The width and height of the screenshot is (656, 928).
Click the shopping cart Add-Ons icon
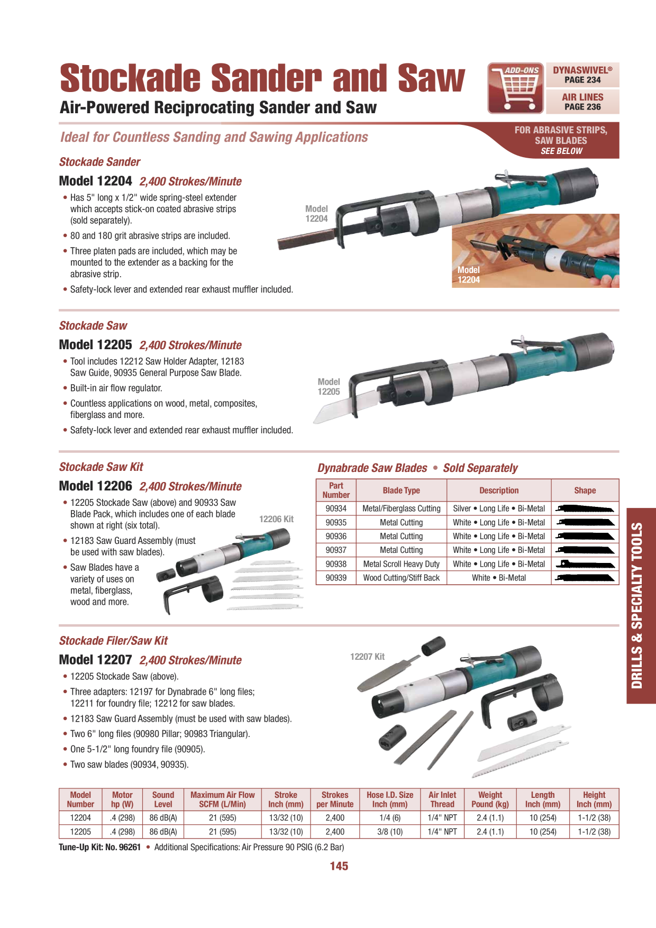click(x=516, y=88)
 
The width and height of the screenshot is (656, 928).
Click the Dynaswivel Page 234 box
click(x=582, y=75)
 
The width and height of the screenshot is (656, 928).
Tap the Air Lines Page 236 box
click(x=582, y=102)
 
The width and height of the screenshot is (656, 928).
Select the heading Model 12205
click(x=96, y=345)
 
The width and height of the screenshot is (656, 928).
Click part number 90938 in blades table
click(x=336, y=564)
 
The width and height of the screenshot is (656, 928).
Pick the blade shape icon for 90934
click(x=585, y=509)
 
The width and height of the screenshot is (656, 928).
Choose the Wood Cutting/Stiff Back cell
click(x=401, y=578)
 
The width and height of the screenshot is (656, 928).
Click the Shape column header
click(x=585, y=490)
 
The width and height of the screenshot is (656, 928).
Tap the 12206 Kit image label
click(x=276, y=519)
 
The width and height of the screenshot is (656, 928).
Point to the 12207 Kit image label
click(x=367, y=657)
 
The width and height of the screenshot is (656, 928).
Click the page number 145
click(x=339, y=866)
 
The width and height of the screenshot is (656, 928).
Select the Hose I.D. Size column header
click(x=390, y=799)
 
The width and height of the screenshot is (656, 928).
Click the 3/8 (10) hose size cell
click(x=390, y=832)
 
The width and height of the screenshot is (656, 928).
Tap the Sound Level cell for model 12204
click(x=163, y=817)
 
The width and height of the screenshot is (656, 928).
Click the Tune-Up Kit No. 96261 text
click(x=100, y=847)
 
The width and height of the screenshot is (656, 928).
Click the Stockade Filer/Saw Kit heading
click(x=113, y=641)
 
